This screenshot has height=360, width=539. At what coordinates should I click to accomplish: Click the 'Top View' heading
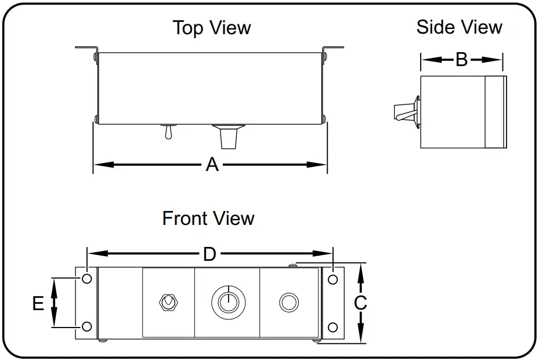point(212,28)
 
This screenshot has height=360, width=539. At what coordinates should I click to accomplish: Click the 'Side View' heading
point(459,27)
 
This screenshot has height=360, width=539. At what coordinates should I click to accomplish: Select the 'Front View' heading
point(208,219)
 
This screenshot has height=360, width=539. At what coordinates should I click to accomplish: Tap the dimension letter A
point(212,165)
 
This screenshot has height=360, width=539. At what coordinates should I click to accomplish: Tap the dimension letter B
point(461,59)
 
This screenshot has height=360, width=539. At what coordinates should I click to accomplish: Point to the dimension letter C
point(360,303)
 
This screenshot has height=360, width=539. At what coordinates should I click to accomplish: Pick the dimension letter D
point(209,254)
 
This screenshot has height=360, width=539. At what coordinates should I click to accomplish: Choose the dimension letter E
point(38,303)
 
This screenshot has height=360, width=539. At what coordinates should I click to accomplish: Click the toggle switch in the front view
point(168,302)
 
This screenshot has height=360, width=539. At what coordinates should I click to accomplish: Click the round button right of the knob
point(288,302)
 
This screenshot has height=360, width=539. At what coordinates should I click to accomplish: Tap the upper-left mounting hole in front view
point(87,279)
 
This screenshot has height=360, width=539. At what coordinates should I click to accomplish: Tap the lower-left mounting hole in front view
point(87,326)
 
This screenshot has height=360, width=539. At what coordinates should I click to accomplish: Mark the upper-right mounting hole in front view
point(332,279)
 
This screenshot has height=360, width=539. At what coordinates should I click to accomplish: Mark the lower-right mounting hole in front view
point(332,327)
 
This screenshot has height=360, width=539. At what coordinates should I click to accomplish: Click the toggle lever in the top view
point(167,133)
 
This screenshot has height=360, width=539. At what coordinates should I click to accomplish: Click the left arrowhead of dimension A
point(99,165)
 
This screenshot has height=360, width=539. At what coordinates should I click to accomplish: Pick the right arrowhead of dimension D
point(328,254)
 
